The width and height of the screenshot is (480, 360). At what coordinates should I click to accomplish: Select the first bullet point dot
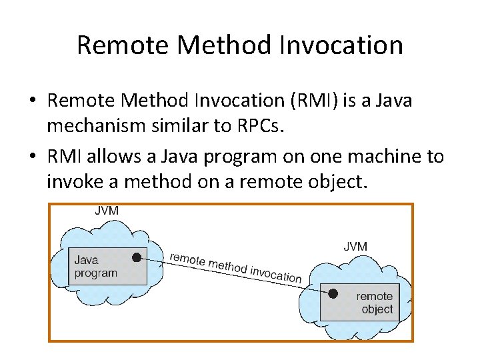pos(33,101)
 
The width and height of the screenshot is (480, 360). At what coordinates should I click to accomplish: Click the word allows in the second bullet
pos(125,157)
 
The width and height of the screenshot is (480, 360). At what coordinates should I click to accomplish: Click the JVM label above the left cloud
pos(107,211)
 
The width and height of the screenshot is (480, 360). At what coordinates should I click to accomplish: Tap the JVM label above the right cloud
pos(355,246)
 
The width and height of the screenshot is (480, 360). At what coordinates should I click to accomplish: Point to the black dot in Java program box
pos(137,257)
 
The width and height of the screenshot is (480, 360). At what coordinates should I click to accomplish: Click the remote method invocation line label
pos(235,266)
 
